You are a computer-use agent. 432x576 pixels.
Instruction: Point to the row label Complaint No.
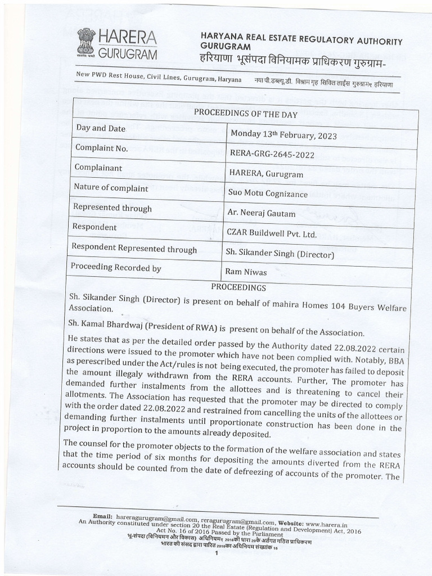(102, 148)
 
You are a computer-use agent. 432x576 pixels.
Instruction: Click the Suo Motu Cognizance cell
(268, 193)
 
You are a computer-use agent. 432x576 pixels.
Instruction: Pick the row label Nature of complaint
(111, 187)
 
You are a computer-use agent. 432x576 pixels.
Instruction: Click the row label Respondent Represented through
(135, 249)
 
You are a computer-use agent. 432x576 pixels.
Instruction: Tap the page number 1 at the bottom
(216, 553)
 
